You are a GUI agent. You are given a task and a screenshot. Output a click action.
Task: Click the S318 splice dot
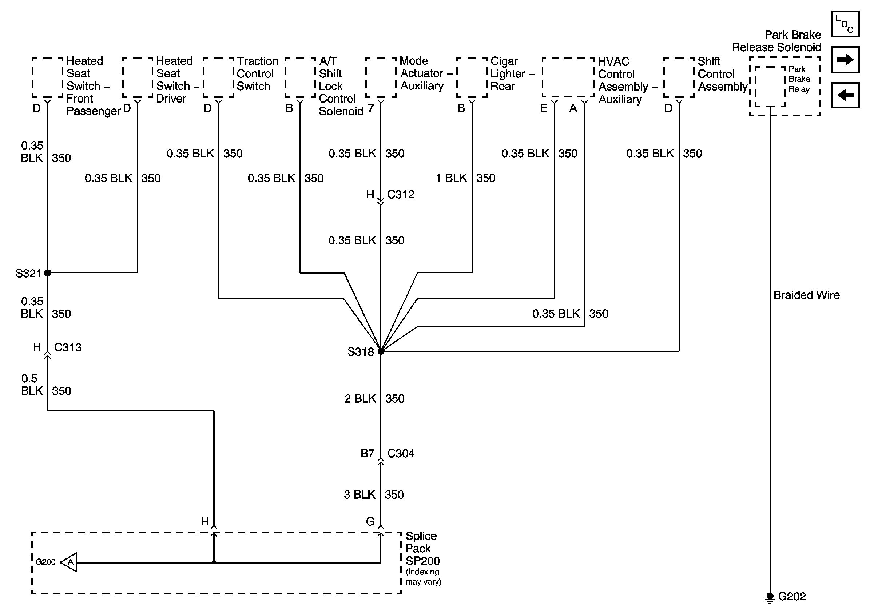(381, 351)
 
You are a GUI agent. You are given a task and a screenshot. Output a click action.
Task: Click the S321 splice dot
(48, 272)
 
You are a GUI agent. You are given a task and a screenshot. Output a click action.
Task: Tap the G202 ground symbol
(770, 597)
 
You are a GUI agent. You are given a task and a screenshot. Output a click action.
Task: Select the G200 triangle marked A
(69, 562)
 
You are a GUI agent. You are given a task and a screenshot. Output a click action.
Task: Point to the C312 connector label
(401, 194)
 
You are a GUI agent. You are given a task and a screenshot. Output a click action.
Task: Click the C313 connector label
(67, 347)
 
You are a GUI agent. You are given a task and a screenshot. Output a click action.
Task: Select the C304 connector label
(401, 454)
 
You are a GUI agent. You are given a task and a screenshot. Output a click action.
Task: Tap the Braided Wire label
(806, 295)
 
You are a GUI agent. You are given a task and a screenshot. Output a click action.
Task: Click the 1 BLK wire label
(451, 178)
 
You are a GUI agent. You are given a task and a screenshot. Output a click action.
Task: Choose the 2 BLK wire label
(360, 399)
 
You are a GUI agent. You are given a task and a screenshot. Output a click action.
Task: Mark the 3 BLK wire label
(359, 495)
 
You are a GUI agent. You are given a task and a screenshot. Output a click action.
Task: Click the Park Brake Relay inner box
(770, 86)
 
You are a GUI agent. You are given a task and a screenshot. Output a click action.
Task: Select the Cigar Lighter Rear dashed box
(472, 77)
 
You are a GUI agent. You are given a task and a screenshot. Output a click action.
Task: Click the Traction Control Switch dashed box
(218, 77)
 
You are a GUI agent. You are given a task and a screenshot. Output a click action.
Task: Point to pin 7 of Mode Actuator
(371, 108)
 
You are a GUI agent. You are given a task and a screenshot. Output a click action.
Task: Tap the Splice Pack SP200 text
(422, 548)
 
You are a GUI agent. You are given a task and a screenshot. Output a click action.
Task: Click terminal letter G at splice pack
(370, 521)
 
